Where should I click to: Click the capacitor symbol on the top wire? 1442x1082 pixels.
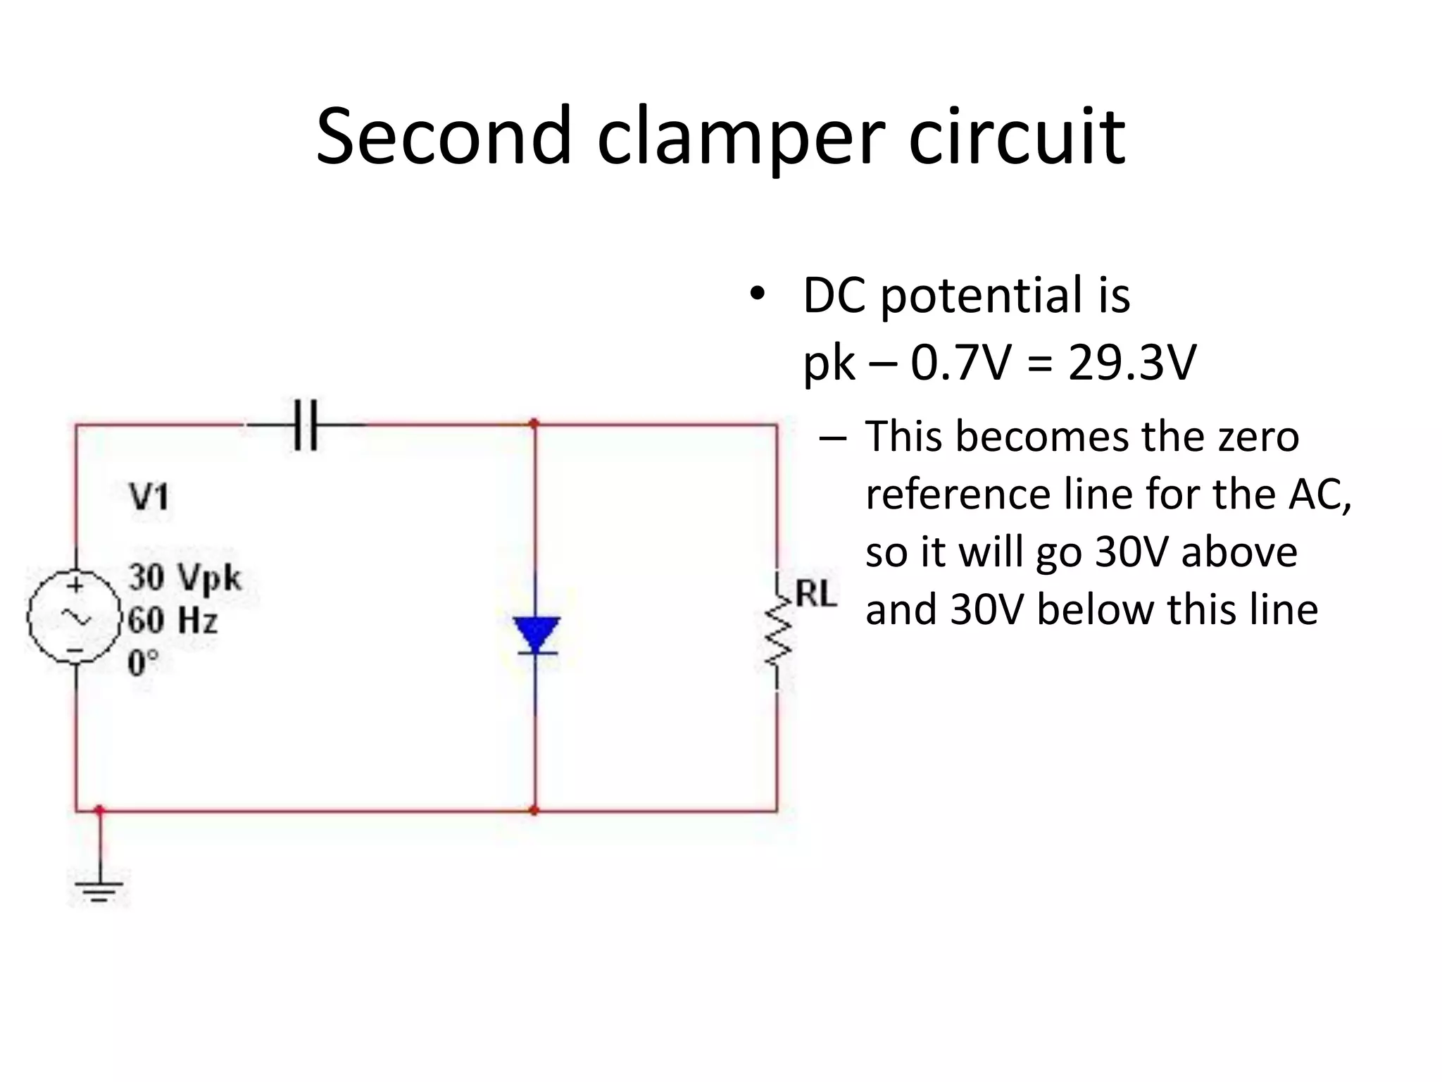[x=305, y=425]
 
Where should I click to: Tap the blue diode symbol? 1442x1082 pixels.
[x=536, y=635]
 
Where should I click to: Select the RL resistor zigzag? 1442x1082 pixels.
[x=778, y=630]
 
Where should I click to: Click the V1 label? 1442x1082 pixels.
[x=149, y=497]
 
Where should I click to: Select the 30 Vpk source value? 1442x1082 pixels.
[x=184, y=578]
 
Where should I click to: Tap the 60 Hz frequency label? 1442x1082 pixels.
[x=173, y=621]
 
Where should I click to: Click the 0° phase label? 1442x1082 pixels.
[x=144, y=663]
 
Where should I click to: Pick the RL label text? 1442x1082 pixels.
[x=815, y=594]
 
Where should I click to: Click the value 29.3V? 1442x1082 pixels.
[x=1131, y=363]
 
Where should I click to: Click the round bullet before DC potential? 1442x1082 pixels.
[x=756, y=294]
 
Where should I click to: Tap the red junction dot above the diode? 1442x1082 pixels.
[x=534, y=423]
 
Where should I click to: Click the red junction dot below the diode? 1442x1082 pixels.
[x=534, y=811]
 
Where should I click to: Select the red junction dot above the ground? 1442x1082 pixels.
[x=99, y=809]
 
